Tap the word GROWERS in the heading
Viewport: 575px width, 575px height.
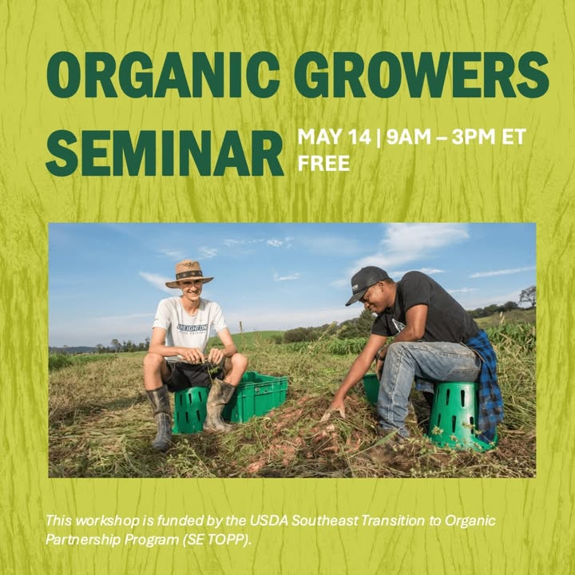[x=422, y=75]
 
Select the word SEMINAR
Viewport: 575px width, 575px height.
[x=165, y=153]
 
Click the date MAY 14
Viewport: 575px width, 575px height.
[x=334, y=137]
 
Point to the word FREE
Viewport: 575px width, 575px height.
[x=323, y=163]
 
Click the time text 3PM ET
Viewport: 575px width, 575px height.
[x=489, y=137]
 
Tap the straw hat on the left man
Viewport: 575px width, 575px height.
[x=189, y=274]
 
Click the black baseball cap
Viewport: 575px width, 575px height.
[x=367, y=284]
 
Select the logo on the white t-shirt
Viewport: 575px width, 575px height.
[x=192, y=327]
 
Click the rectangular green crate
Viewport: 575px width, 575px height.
[x=256, y=397]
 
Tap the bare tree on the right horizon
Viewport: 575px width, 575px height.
[x=528, y=295]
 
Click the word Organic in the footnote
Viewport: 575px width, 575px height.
[x=470, y=521]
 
